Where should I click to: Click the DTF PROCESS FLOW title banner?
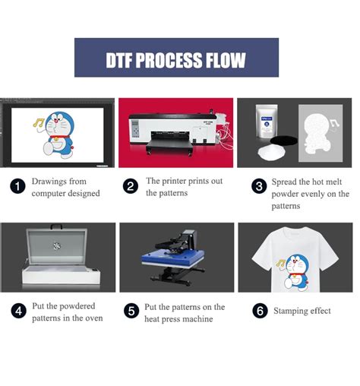click(176, 58)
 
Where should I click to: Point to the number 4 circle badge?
click(17, 312)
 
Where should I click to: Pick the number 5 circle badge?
click(131, 312)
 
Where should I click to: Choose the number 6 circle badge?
click(258, 312)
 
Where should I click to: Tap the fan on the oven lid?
click(55, 247)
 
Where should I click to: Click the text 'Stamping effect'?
click(302, 312)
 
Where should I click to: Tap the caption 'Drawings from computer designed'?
click(65, 187)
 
